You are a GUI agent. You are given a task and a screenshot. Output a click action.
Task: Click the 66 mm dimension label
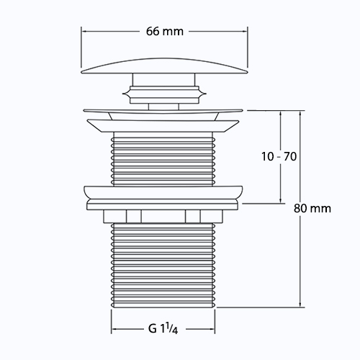(165, 32)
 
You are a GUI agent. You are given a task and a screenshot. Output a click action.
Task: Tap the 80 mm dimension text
(312, 208)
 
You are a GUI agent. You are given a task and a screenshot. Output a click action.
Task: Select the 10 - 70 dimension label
(279, 156)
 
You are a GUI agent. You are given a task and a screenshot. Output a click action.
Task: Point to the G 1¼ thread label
(163, 328)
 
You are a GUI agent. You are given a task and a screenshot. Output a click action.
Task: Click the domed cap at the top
(164, 66)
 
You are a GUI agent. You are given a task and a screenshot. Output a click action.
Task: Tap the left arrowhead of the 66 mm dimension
(84, 31)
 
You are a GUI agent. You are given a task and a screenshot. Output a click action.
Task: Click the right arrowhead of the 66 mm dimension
(245, 31)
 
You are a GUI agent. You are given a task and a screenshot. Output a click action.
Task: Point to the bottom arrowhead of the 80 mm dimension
(300, 305)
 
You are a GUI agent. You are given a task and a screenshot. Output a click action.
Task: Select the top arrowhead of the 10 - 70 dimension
(280, 114)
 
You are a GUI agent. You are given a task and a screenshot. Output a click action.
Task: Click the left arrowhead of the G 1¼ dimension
(114, 329)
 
